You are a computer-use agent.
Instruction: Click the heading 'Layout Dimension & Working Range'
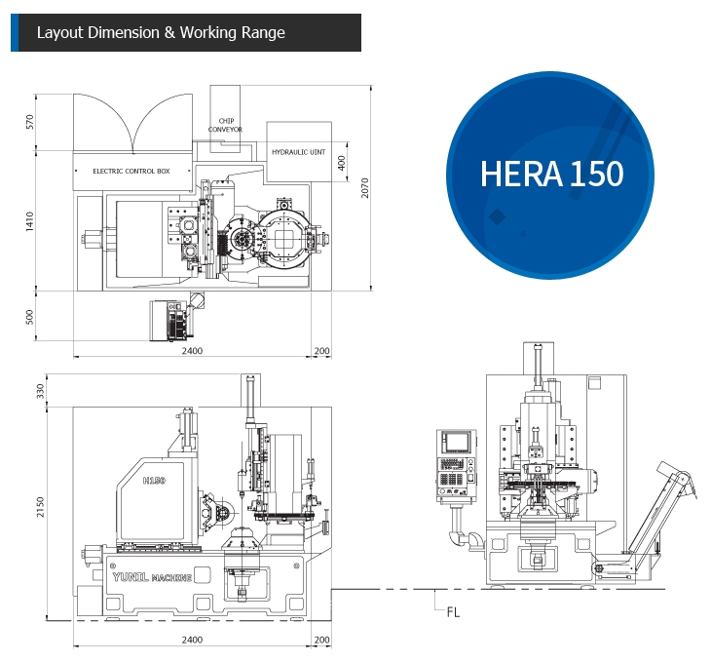[x=161, y=32]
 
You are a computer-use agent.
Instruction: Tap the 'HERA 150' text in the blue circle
[x=551, y=174]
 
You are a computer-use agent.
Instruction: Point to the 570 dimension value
[x=29, y=122]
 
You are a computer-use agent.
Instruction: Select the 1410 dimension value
[x=29, y=221]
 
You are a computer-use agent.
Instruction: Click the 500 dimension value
[x=29, y=316]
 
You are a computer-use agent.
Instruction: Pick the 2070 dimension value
[x=363, y=187]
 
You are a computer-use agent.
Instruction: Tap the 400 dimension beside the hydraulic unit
[x=341, y=163]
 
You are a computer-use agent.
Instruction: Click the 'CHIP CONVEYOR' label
[x=225, y=125]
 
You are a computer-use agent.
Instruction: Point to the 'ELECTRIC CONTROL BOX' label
[x=131, y=171]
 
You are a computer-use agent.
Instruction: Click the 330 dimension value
[x=40, y=390]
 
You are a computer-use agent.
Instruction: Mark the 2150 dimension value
[x=40, y=507]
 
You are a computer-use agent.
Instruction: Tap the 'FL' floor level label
[x=452, y=612]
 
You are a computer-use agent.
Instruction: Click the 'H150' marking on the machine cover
[x=154, y=481]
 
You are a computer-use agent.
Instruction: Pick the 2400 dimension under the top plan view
[x=192, y=351]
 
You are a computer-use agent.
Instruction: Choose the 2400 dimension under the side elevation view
[x=192, y=640]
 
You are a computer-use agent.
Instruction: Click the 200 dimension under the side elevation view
[x=322, y=640]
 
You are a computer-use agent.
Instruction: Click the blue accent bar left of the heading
[x=14, y=32]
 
